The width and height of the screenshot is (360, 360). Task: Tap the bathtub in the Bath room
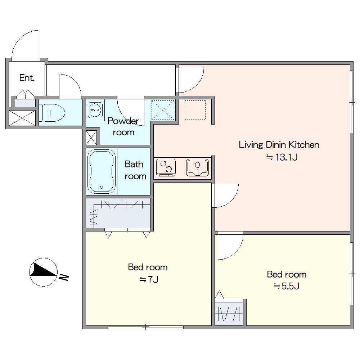[102, 171]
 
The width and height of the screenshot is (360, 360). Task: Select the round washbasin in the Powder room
[95, 110]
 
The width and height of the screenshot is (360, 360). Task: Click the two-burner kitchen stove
[166, 167]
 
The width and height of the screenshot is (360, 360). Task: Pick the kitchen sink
[197, 167]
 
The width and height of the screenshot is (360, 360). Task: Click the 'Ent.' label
[27, 78]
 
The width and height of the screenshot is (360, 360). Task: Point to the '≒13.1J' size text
[282, 158]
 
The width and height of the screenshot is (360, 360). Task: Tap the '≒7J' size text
[149, 280]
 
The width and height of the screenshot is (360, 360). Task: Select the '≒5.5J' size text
[286, 286]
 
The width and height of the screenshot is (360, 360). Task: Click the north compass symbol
[43, 272]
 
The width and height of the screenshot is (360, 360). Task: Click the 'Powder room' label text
[123, 126]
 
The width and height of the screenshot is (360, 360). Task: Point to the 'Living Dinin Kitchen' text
[279, 145]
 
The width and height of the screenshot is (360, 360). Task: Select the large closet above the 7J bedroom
[118, 213]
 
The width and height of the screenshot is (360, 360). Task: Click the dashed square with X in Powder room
[163, 110]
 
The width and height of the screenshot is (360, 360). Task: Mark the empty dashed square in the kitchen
[195, 110]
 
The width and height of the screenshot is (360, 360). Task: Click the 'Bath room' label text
[135, 170]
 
